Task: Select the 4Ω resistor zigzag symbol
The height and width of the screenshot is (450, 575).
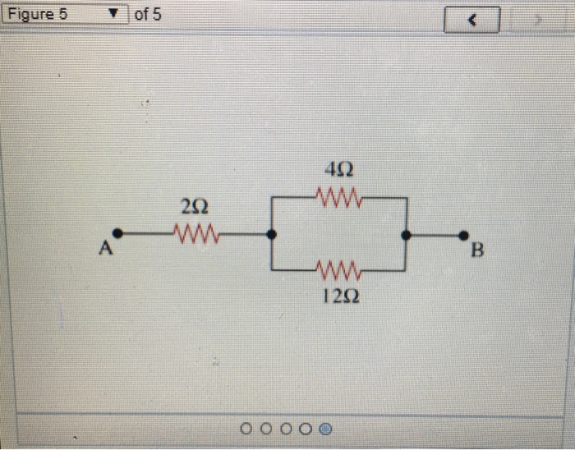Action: coord(338,198)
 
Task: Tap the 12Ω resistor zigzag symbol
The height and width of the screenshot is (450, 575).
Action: coord(338,269)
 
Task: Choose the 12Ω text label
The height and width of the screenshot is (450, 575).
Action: coord(338,296)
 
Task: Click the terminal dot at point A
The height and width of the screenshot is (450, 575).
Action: coord(118,234)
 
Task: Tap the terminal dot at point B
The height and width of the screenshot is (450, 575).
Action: coord(465,234)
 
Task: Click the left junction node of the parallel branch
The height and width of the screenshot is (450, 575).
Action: coord(272,234)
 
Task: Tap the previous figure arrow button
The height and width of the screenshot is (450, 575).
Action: coord(471,20)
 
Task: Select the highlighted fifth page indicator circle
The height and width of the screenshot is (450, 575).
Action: coord(326,428)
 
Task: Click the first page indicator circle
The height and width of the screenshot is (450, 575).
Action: coord(246,428)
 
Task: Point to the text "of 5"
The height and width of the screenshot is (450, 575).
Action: coord(148,15)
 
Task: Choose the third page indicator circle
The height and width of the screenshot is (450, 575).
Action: coord(286,428)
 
